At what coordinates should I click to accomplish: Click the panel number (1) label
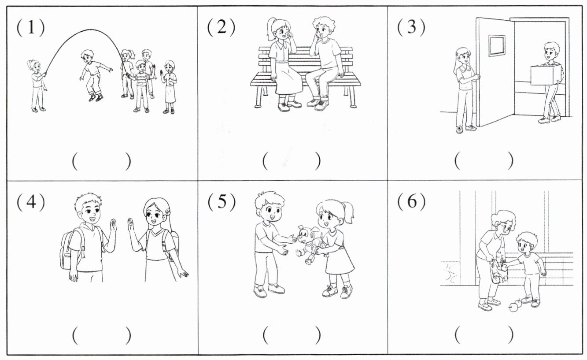point(31,27)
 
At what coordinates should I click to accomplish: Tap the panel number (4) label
point(31,202)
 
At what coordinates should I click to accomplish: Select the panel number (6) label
point(411,202)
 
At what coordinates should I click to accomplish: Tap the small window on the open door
point(497,46)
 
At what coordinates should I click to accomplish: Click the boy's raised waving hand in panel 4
point(113,226)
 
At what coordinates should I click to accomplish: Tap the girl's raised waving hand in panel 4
point(130,225)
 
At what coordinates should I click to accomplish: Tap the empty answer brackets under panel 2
point(292,161)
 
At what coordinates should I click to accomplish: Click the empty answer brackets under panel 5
point(292,335)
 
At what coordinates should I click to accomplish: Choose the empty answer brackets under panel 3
point(484,161)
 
